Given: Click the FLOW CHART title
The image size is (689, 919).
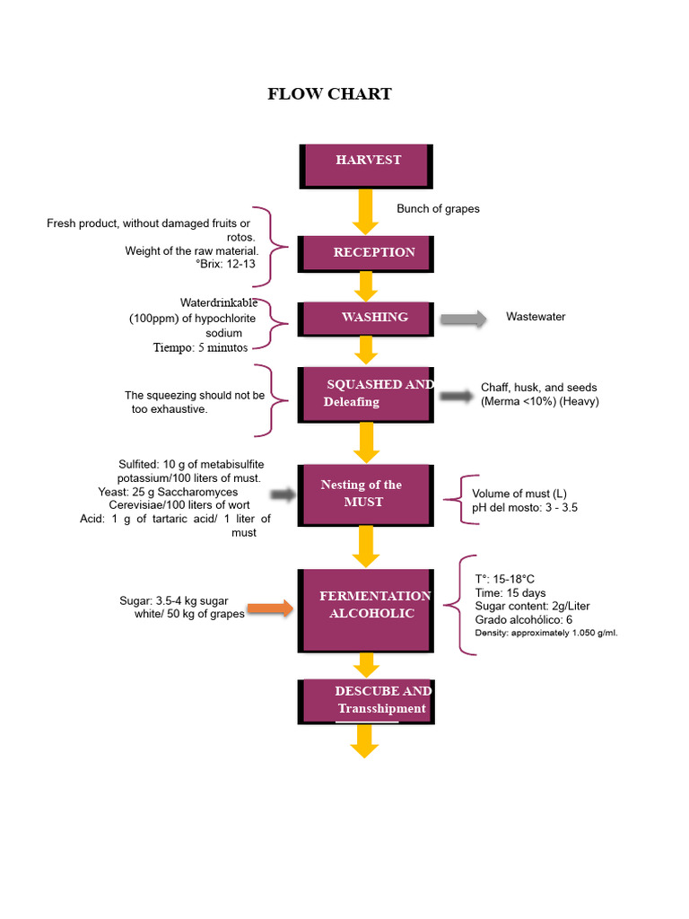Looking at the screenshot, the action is click(x=329, y=93).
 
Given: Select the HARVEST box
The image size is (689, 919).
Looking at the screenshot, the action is click(x=366, y=166).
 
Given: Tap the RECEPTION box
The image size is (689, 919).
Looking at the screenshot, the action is click(x=366, y=254).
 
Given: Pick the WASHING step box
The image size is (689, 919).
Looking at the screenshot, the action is click(x=366, y=319).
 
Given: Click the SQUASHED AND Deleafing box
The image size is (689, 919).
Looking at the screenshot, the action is click(x=366, y=395).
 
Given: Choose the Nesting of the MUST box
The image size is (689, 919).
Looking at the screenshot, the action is click(x=366, y=495).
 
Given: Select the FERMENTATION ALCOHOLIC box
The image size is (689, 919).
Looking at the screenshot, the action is click(x=366, y=610).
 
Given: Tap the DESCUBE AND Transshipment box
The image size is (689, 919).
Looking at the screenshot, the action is click(x=366, y=702).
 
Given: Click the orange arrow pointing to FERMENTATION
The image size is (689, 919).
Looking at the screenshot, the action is click(x=270, y=608).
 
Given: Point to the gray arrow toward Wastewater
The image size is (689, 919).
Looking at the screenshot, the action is click(x=464, y=319).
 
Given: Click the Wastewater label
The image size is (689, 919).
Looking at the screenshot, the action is click(x=536, y=317).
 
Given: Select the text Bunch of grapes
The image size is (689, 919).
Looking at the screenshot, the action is click(x=438, y=208).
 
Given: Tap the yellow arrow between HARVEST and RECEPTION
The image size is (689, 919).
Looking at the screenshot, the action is click(x=365, y=212).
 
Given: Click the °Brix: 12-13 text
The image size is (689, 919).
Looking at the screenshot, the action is click(x=225, y=264).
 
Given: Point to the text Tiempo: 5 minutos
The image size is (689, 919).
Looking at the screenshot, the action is click(x=200, y=347).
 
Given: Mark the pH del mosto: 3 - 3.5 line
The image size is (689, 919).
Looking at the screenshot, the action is click(x=524, y=508).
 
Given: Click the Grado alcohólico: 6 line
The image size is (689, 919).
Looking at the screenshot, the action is click(x=523, y=619).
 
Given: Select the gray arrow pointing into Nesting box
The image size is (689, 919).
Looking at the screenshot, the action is click(x=283, y=495).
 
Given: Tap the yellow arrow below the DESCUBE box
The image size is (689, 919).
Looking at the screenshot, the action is click(x=364, y=741).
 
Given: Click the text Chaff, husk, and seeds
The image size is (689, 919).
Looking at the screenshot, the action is click(x=538, y=388).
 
